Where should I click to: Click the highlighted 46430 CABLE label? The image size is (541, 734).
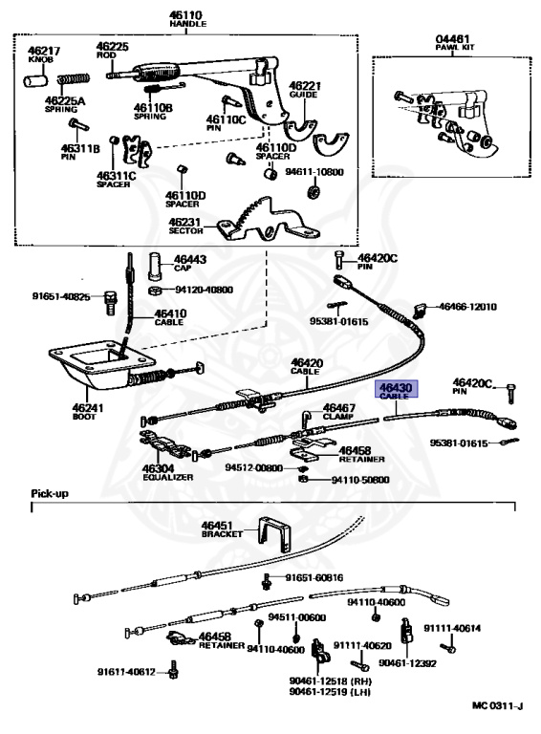click(395, 390)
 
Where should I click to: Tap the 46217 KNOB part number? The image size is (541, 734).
click(44, 51)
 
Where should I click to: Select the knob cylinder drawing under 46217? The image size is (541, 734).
click(35, 79)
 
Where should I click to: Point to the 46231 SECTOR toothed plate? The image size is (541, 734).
click(269, 220)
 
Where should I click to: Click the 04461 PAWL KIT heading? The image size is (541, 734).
click(454, 43)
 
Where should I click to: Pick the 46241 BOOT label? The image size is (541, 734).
click(88, 411)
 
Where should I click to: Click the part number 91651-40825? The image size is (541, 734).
click(61, 296)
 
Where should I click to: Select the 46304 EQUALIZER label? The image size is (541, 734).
click(167, 472)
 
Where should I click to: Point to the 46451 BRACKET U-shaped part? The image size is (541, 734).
click(275, 535)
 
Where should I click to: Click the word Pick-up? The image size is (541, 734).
click(50, 493)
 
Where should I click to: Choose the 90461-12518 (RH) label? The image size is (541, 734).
click(330, 680)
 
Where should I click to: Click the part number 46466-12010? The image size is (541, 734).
click(467, 307)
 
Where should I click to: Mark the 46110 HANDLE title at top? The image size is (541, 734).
click(187, 19)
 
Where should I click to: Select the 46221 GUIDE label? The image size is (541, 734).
click(305, 90)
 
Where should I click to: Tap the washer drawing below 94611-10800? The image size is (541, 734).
click(313, 191)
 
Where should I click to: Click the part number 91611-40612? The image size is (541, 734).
click(126, 672)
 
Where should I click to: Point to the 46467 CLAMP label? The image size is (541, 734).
click(338, 412)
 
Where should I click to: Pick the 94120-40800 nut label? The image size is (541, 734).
click(204, 290)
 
